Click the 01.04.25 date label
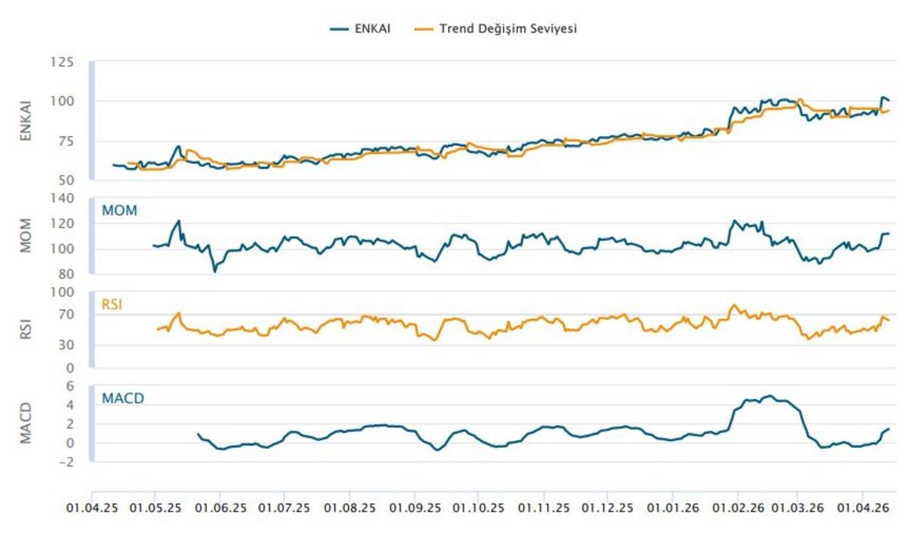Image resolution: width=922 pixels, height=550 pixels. tap(91, 508)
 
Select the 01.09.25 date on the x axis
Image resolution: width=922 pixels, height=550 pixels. tap(414, 508)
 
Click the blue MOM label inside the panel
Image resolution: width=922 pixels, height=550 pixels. tap(119, 210)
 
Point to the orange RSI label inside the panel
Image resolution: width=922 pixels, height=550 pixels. tap(112, 305)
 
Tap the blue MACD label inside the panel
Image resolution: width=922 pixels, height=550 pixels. tap(123, 398)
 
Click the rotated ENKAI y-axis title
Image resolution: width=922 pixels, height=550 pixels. tap(25, 120)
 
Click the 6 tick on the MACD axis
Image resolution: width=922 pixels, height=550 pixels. tap(70, 386)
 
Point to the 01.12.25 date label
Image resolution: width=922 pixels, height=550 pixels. tap(608, 508)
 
